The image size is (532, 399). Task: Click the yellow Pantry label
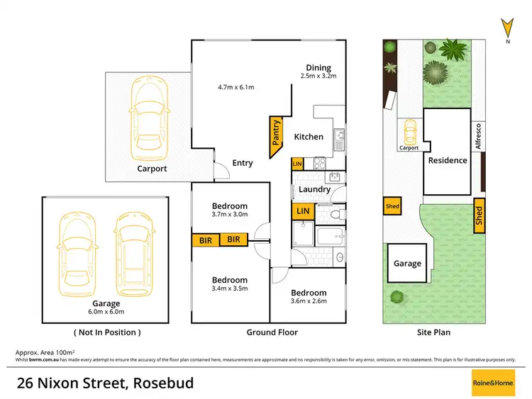[x=276, y=133]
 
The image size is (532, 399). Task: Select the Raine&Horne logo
[x=494, y=383]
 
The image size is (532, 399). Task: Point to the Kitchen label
[x=309, y=137]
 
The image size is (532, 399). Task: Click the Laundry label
[x=314, y=189]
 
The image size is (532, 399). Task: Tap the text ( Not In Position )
[x=107, y=332]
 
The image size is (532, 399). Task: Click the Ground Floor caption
[x=272, y=332]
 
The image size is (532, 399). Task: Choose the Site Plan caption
[x=433, y=332]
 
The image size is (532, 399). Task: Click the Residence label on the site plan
[x=448, y=160]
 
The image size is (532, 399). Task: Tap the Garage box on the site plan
[x=407, y=263]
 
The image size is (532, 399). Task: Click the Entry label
[x=243, y=163]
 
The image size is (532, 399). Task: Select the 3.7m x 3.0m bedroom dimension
[x=230, y=214]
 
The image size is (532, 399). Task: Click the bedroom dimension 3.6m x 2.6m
[x=309, y=302]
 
